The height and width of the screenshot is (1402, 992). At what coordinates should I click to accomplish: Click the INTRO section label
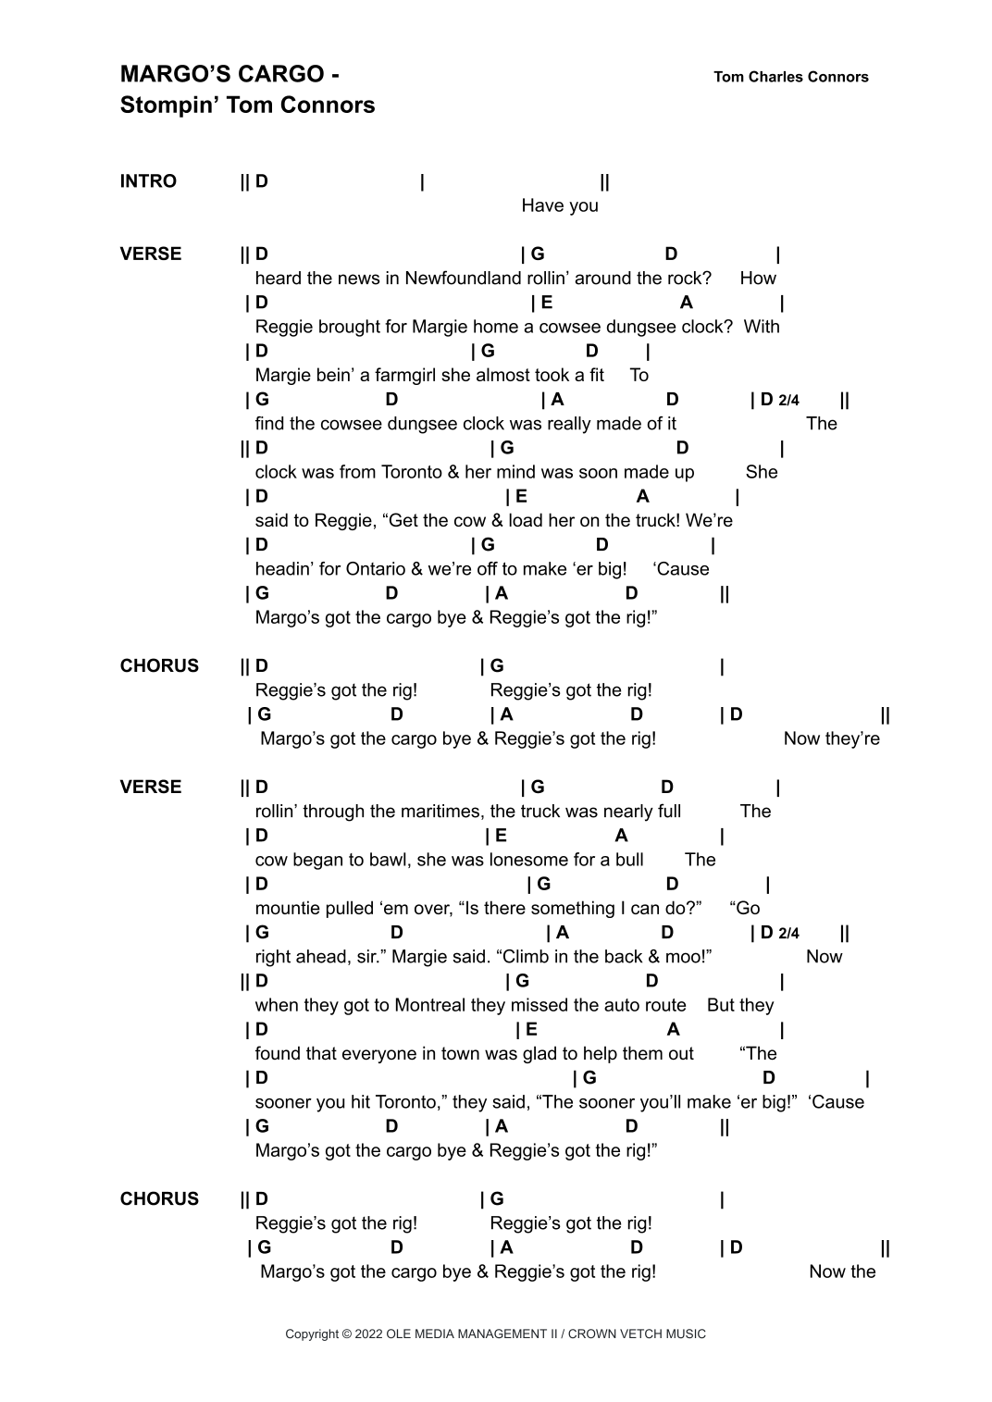(148, 181)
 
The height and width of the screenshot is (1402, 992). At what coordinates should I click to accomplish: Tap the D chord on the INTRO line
(262, 181)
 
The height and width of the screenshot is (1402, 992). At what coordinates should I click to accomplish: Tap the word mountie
(285, 908)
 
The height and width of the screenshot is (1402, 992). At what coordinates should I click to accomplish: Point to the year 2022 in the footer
(369, 1334)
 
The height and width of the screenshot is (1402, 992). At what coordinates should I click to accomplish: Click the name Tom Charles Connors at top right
(791, 77)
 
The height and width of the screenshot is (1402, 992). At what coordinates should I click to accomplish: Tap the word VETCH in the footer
(632, 1334)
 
